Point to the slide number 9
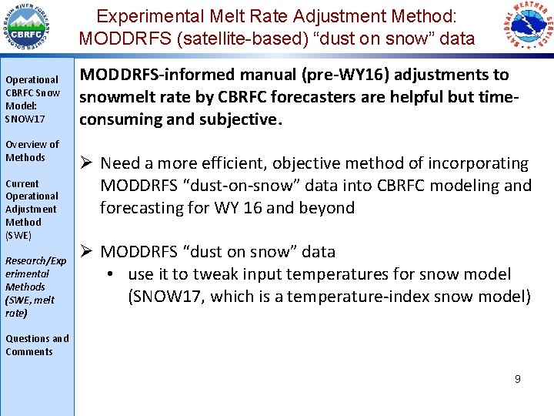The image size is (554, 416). coord(518,379)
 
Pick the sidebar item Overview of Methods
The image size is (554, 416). coord(32,151)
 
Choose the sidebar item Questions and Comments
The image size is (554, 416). coord(36,345)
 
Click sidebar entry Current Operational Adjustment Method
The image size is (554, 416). coord(31,209)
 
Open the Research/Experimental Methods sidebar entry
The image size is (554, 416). coord(35,287)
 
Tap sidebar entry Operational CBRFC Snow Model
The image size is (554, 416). coord(32,99)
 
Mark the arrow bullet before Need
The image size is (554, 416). coord(88,163)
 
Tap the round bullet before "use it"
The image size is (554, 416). coord(112,275)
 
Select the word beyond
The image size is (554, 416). coord(326,208)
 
